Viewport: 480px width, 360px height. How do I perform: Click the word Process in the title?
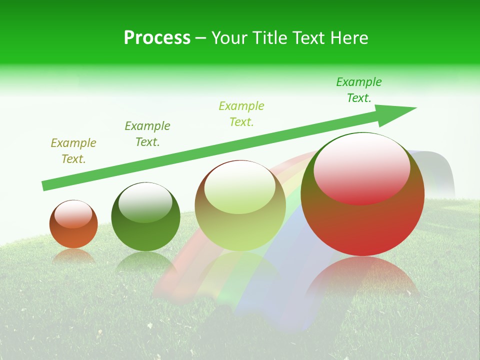(x=157, y=38)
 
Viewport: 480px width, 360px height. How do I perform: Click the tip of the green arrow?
(x=415, y=108)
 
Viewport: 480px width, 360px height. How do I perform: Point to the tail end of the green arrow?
(x=44, y=186)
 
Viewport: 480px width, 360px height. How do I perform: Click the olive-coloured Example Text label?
(x=73, y=151)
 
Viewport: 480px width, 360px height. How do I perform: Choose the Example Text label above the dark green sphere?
(x=147, y=134)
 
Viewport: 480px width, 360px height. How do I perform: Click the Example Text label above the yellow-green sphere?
(x=241, y=114)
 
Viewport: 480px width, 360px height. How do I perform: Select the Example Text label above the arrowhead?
(x=359, y=90)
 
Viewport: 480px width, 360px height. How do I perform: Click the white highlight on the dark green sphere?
(x=145, y=202)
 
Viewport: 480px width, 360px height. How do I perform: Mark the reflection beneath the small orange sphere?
(x=73, y=256)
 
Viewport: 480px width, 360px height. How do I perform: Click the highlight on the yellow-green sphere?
(x=240, y=187)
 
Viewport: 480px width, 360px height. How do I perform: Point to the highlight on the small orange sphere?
(x=73, y=214)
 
